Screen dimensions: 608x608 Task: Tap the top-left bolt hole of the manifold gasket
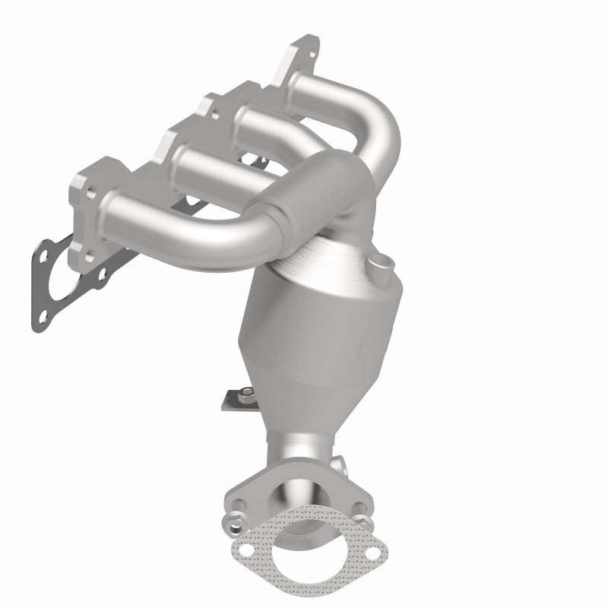pos(45,251)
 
